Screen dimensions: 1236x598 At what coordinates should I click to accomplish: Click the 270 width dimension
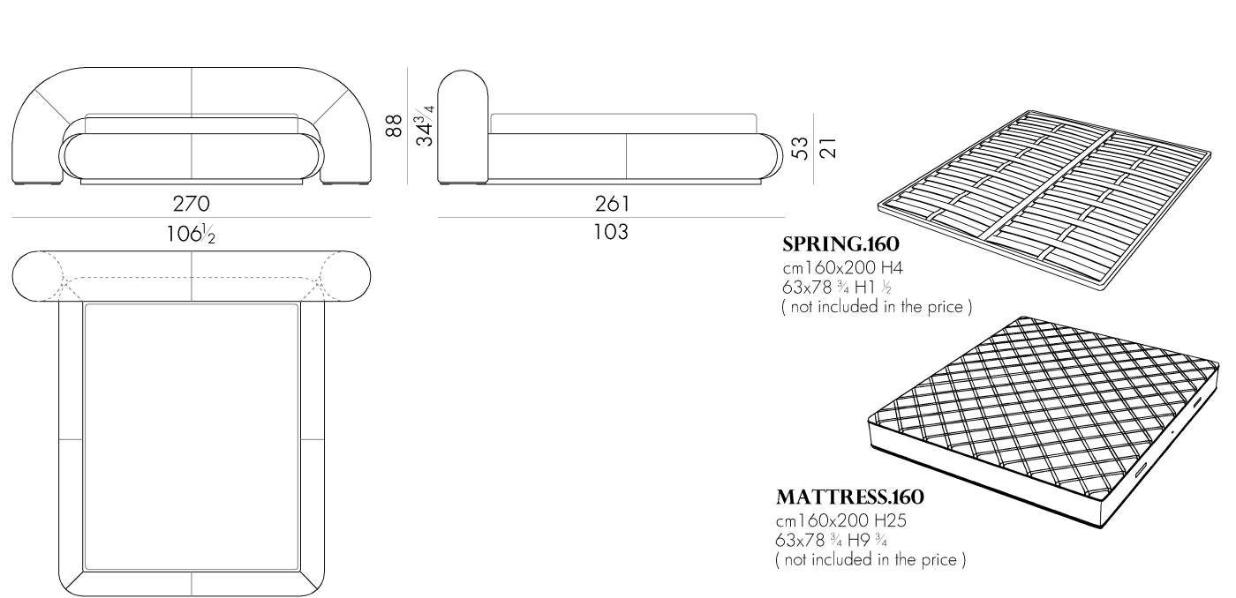pos(191,204)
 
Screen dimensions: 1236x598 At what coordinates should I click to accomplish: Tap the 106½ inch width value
pos(191,235)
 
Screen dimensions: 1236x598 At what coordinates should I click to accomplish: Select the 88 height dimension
pos(394,126)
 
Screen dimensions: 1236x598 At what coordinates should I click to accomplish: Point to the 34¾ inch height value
pos(425,125)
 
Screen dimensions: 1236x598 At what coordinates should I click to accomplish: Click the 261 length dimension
pos(612,205)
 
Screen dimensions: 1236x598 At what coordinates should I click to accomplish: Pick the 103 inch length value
pos(611,232)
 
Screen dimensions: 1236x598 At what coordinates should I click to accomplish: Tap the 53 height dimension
pos(800,148)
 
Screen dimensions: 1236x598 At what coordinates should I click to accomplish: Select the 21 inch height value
pos(828,148)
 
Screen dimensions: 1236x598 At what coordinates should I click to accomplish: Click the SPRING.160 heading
pos(840,244)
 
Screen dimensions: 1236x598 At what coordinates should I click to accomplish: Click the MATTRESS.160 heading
pos(849,497)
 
